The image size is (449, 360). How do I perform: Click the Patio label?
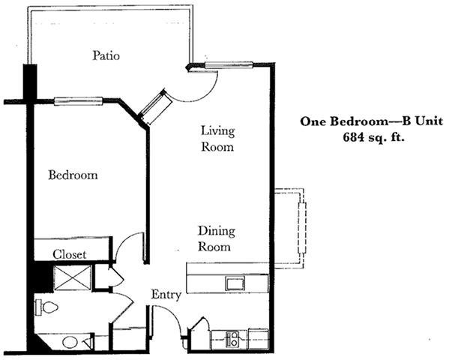(106, 55)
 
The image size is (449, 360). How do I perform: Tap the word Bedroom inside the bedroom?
(73, 175)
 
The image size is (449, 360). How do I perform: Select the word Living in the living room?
(217, 131)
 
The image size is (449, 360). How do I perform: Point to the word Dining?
(217, 231)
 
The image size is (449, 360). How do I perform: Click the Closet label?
(69, 254)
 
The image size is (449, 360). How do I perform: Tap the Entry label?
(166, 295)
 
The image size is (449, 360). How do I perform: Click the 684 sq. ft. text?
(373, 137)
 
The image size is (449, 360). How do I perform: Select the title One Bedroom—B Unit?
(371, 121)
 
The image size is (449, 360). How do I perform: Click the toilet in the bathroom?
(46, 307)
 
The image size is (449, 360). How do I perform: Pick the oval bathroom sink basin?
(70, 342)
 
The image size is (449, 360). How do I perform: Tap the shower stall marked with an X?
(73, 277)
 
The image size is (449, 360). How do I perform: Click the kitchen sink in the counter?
(235, 283)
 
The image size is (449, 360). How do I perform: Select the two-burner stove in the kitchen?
(232, 339)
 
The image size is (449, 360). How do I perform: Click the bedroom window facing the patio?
(78, 101)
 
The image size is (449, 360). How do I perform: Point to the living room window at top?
(229, 65)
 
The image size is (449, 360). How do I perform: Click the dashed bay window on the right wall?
(302, 228)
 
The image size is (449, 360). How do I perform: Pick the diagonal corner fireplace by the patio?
(155, 106)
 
